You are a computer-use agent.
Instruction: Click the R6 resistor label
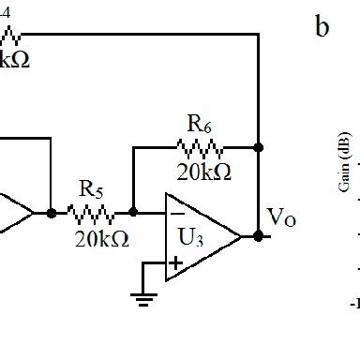click(199, 124)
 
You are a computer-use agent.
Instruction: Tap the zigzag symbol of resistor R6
click(200, 147)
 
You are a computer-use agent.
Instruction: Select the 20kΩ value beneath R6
click(202, 172)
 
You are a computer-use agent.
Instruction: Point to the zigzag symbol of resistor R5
click(93, 212)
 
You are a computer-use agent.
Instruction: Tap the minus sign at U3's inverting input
click(176, 213)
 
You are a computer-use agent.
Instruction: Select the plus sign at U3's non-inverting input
click(175, 263)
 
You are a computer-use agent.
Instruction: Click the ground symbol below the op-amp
click(142, 300)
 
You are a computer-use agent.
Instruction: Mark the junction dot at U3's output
click(258, 236)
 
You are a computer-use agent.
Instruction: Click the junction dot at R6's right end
click(258, 147)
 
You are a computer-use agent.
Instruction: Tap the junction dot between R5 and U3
click(133, 212)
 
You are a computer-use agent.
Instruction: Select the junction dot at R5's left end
click(52, 212)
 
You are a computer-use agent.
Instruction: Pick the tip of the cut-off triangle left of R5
click(33, 212)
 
